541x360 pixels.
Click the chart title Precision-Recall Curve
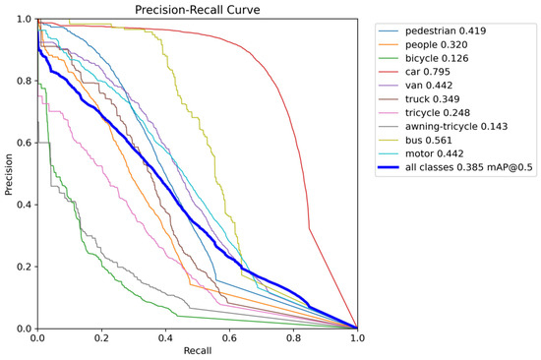(x=198, y=9)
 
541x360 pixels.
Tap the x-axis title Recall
(x=198, y=351)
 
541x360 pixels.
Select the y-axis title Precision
(x=8, y=174)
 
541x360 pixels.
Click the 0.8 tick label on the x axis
(x=294, y=337)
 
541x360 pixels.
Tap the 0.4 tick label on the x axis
(x=165, y=337)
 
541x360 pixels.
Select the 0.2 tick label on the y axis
(x=25, y=267)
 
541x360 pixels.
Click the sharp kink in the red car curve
(x=309, y=228)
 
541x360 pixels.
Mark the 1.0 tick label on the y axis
(x=25, y=19)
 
